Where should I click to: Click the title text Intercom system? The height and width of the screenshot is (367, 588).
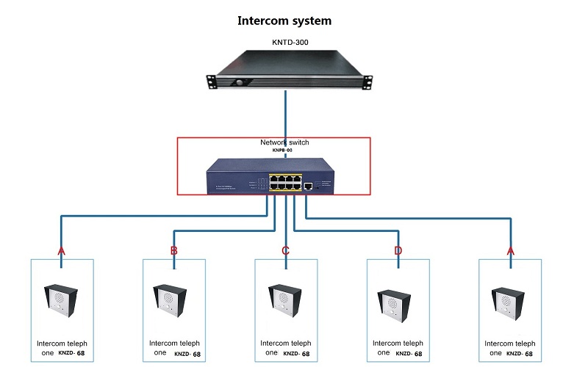click(284, 21)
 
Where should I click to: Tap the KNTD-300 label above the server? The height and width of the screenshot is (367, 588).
click(287, 43)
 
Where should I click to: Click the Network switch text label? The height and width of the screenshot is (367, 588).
click(284, 142)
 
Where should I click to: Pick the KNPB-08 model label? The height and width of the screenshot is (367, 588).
click(284, 150)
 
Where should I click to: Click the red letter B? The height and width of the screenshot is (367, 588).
click(173, 251)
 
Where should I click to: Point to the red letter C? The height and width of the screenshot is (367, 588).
click(286, 251)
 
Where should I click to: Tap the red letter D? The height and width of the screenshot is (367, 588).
click(398, 251)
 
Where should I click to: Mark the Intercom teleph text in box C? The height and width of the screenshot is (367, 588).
click(286, 343)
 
